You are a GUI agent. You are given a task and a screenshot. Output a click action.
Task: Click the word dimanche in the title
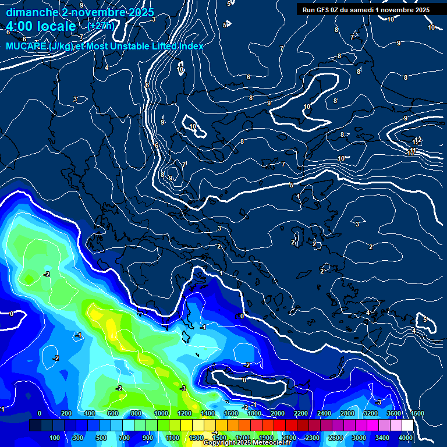click(x=31, y=12)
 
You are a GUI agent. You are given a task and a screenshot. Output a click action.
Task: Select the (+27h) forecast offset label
click(x=100, y=26)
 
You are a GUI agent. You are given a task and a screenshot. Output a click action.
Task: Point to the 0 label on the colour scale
click(x=40, y=414)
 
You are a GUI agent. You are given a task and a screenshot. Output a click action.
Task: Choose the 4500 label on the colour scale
click(x=417, y=414)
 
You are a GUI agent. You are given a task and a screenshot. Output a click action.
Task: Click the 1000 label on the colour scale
click(x=161, y=414)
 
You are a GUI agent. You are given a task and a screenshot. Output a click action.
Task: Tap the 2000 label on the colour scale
click(x=277, y=414)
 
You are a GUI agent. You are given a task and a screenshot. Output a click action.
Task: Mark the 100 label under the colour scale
click(x=55, y=438)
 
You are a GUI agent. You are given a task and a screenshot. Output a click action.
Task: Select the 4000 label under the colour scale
click(x=406, y=438)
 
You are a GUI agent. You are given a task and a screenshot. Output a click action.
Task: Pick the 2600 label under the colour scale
click(x=336, y=438)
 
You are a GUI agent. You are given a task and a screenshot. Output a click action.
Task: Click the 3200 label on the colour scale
click(x=370, y=414)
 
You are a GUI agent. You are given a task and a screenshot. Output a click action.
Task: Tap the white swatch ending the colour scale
click(x=407, y=425)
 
